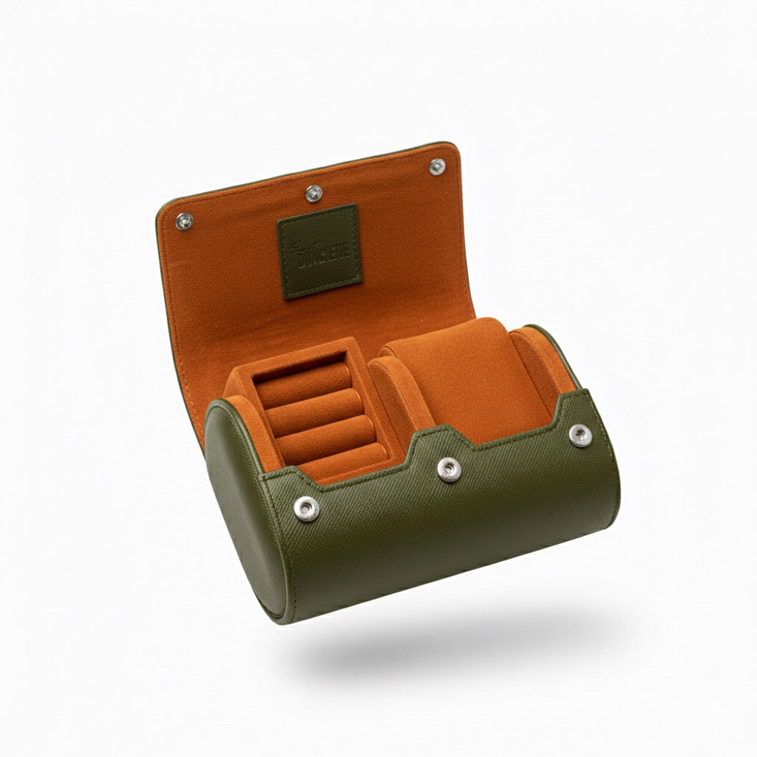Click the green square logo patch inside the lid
coord(318,251)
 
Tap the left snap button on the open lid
coord(184,220)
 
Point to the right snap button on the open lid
coord(437,166)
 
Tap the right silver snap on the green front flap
coord(580,433)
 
